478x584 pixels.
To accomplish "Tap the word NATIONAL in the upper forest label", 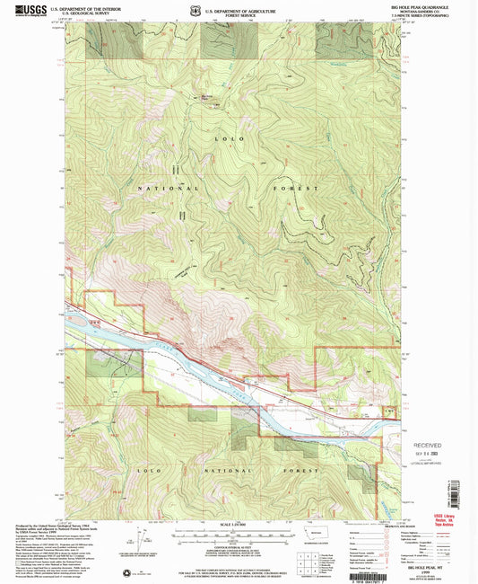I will tap(160, 189).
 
